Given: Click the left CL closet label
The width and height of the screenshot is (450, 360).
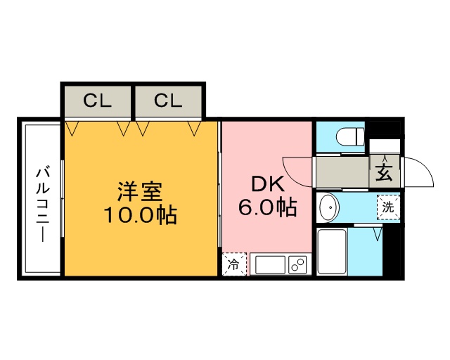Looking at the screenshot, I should coord(97,101).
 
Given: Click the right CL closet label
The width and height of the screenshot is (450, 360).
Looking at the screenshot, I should coord(168,101).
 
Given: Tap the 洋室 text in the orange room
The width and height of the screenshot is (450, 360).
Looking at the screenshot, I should coord(140,191).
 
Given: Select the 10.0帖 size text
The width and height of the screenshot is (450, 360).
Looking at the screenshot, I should coord(140,214).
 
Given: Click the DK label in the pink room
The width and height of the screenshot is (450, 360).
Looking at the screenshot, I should coord(267,185).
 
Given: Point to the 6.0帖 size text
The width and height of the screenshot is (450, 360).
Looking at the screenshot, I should coord(267,207).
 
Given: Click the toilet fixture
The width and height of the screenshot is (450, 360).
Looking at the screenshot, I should coord(349,135).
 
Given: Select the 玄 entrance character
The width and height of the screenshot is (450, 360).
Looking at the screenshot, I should coord(384,172).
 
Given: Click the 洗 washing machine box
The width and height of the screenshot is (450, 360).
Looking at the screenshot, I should coord(388,207).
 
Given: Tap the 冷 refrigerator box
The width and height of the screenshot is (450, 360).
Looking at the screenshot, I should coord(233,264).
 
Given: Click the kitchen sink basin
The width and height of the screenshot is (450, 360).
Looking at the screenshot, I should coord(269,265).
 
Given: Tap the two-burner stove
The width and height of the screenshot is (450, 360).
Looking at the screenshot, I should coord(297,265).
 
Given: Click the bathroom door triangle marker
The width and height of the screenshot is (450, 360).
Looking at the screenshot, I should coord(377,232).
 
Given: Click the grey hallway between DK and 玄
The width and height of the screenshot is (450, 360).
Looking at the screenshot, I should coord(341,172).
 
